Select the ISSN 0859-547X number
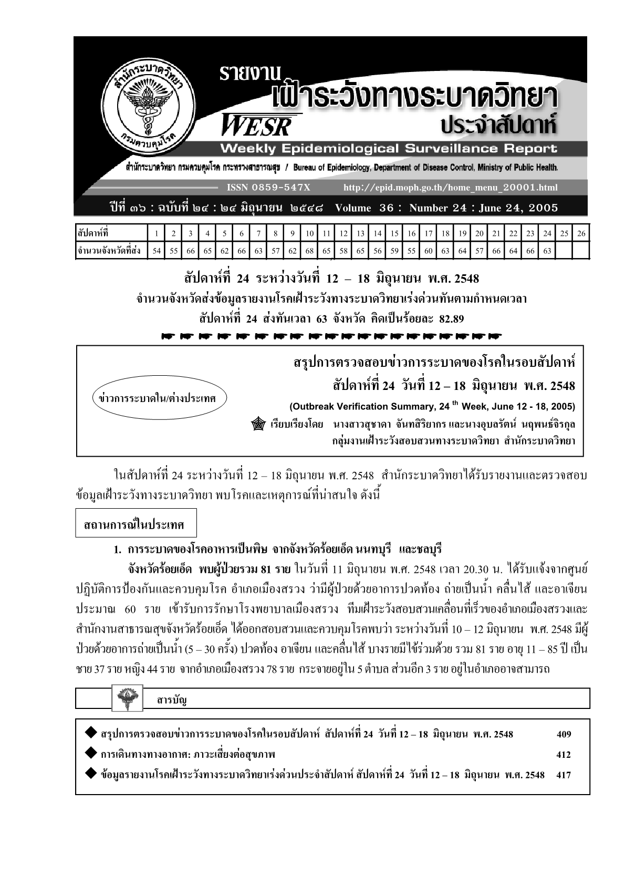click(268, 187)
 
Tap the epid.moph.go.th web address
click(450, 187)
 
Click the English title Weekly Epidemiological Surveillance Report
click(389, 148)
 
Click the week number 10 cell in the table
click(309, 233)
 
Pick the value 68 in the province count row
click(309, 251)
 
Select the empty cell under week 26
click(581, 251)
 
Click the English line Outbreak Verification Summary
click(432, 406)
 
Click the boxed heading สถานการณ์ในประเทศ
click(129, 524)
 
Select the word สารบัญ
click(172, 699)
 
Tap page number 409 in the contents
click(564, 734)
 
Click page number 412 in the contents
click(564, 755)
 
